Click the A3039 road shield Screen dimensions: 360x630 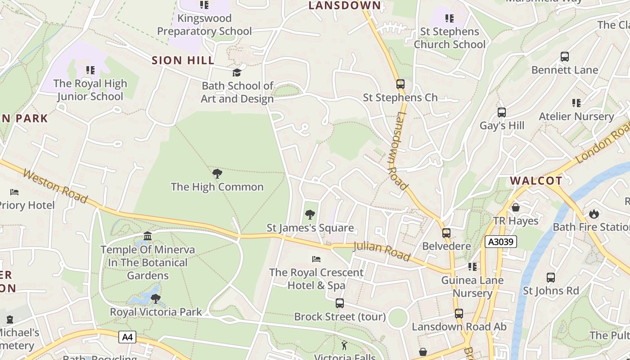(501, 242)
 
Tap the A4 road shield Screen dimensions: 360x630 (127, 337)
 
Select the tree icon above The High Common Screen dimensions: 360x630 (217, 174)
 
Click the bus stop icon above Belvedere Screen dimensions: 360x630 (446, 233)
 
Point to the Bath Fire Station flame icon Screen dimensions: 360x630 (594, 214)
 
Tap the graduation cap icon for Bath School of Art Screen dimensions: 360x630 (237, 72)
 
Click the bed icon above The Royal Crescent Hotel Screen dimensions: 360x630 (316, 259)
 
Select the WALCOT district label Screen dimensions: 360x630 (535, 181)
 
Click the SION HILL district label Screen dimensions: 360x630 (183, 60)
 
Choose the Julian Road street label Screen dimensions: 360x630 (382, 251)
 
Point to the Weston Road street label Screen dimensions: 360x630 (55, 186)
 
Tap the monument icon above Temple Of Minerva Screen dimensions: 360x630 (148, 236)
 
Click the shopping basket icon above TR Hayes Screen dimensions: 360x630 (516, 207)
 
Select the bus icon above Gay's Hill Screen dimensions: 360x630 (502, 112)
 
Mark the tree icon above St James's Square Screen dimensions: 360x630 (310, 215)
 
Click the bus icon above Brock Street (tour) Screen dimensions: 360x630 (340, 303)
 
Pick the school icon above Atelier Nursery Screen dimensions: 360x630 (576, 103)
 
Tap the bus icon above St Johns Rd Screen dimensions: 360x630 (551, 278)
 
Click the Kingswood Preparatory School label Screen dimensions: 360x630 (204, 25)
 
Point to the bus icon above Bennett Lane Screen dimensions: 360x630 (565, 57)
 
